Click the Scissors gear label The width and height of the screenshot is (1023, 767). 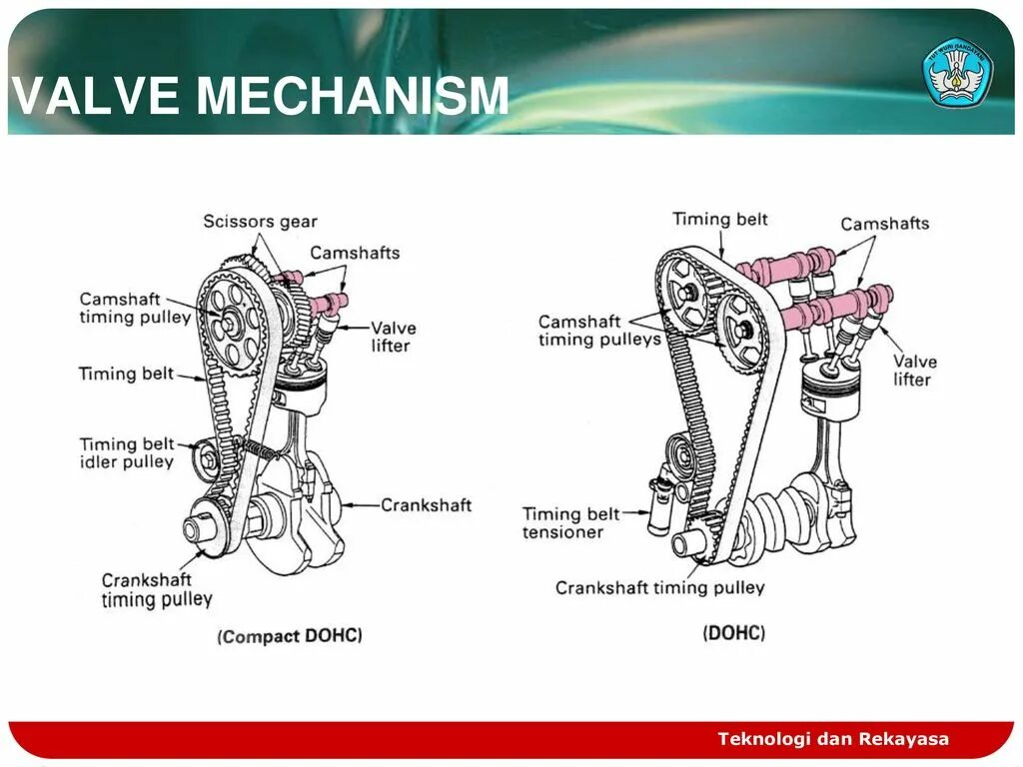coord(260,221)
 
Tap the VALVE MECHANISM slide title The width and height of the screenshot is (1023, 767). coord(262,96)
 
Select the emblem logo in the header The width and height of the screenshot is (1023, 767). coord(957,73)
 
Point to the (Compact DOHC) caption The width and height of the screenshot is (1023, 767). coord(290,636)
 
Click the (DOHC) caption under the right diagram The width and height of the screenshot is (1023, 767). coord(734,633)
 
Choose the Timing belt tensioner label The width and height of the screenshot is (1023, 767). coord(570,523)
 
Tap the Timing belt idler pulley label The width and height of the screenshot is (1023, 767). coord(127,452)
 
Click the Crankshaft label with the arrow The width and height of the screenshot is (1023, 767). coord(426,505)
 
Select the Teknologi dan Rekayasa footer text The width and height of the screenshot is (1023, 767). coord(833,739)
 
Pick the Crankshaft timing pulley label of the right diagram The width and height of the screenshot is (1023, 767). coord(659,588)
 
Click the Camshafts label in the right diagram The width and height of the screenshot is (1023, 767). coord(884,224)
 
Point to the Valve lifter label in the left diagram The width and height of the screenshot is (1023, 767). coord(393,337)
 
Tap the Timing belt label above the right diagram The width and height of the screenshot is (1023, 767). coord(719,219)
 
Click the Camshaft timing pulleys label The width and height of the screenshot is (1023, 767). coord(599,331)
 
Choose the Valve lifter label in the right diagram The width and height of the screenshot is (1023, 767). coord(914,370)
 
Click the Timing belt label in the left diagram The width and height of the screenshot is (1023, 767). coord(127,375)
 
